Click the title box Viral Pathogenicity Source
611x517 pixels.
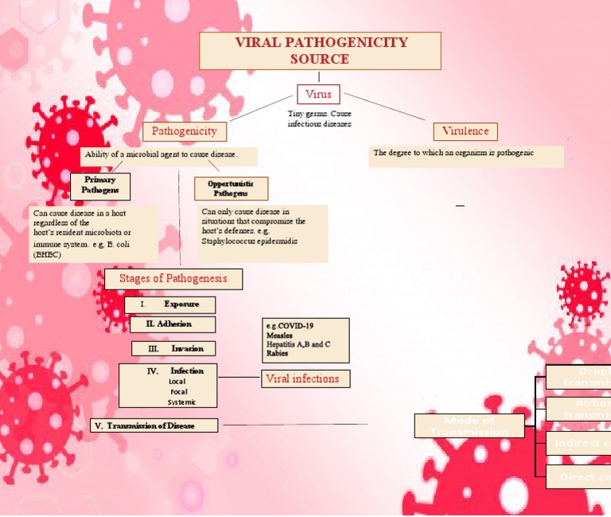[319, 51]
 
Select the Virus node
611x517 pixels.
[318, 94]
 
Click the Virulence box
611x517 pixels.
[465, 131]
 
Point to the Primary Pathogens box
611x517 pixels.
[100, 185]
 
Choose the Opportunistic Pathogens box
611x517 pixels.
[231, 189]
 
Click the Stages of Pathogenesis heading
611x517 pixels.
[173, 278]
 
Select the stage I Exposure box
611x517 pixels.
[170, 305]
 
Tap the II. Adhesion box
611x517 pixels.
[173, 325]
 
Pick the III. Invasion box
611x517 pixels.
[173, 348]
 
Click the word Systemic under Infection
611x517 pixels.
[181, 402]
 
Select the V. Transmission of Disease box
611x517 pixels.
[154, 426]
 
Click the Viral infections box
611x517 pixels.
[305, 379]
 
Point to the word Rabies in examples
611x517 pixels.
[278, 354]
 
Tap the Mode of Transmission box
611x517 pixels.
[469, 426]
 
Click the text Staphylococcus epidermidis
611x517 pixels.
[250, 239]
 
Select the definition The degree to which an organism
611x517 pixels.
[453, 152]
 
